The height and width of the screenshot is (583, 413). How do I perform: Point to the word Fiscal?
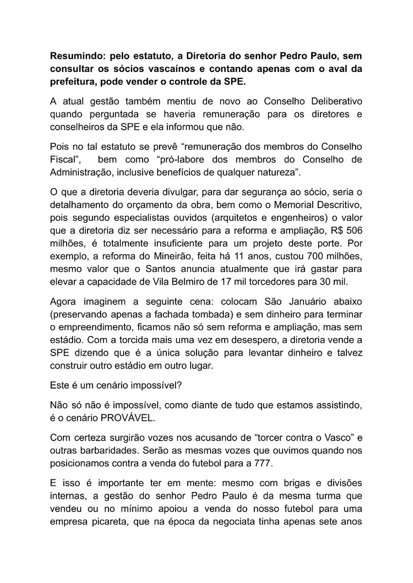[63, 158]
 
